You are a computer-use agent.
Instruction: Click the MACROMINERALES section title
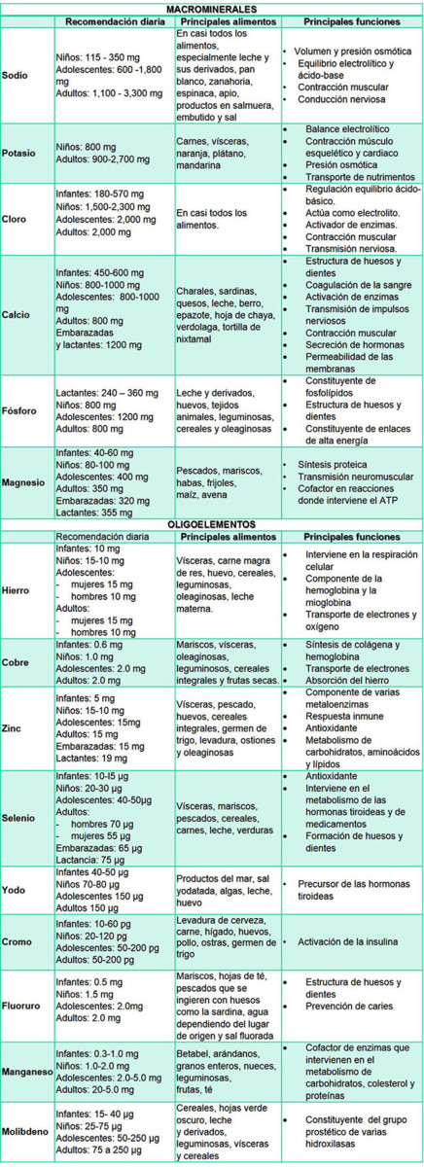pyautogui.click(x=212, y=8)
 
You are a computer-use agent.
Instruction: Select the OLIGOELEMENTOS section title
pyautogui.click(x=212, y=523)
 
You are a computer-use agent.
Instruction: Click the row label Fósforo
pyautogui.click(x=21, y=410)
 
